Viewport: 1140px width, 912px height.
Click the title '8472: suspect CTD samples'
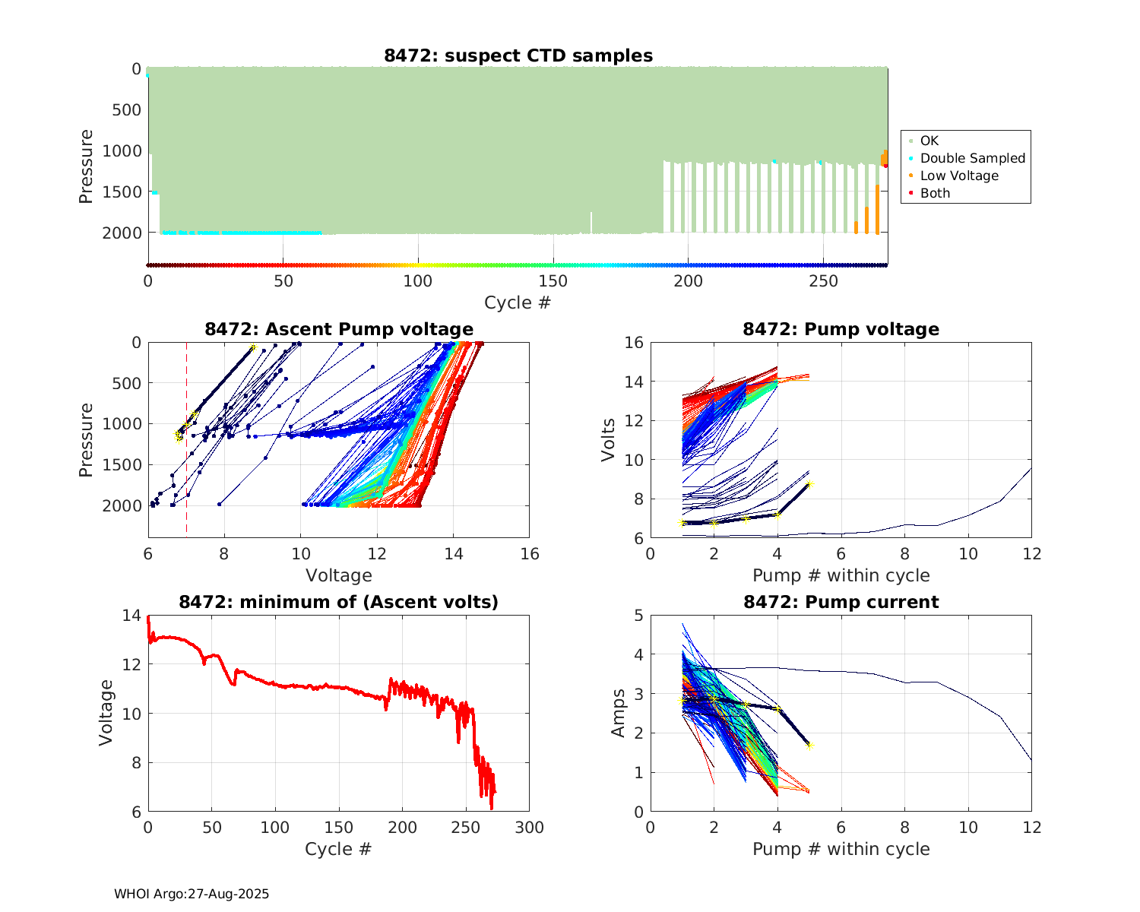pos(518,55)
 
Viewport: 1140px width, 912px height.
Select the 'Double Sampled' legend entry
pos(972,158)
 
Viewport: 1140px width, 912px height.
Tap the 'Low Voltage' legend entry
pos(959,176)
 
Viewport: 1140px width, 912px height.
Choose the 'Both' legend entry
pos(935,193)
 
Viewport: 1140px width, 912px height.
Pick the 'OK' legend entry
pos(929,141)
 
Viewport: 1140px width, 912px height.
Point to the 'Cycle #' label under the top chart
pos(518,302)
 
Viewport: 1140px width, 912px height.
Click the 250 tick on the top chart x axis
pos(823,281)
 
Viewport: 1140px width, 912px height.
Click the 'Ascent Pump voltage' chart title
pos(339,329)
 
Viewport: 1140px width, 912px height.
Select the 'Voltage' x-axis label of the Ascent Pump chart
pos(339,575)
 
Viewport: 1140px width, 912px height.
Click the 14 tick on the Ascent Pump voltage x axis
pos(453,553)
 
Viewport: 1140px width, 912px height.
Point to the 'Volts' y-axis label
pos(608,441)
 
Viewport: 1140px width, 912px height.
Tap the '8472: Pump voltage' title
pos(841,329)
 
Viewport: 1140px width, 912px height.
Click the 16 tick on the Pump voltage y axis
pos(634,343)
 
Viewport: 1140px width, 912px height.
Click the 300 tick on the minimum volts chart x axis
pos(529,827)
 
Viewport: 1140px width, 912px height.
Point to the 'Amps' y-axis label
pos(619,713)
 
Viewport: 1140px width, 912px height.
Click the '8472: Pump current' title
pos(841,602)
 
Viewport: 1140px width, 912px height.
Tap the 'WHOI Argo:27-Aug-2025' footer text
pos(192,894)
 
